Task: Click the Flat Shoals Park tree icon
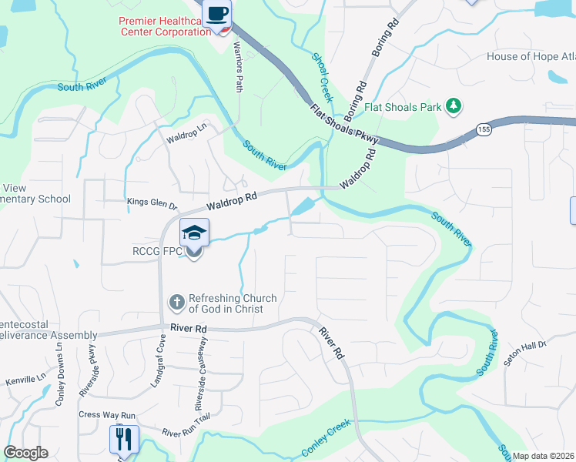(x=455, y=106)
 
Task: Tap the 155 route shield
(x=484, y=129)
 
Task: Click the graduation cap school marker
(x=194, y=233)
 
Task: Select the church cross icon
(x=177, y=303)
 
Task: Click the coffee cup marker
(x=217, y=13)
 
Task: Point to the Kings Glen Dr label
(x=152, y=204)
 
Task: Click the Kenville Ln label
(x=26, y=380)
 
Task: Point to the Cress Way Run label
(x=105, y=414)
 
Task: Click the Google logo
(x=25, y=453)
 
